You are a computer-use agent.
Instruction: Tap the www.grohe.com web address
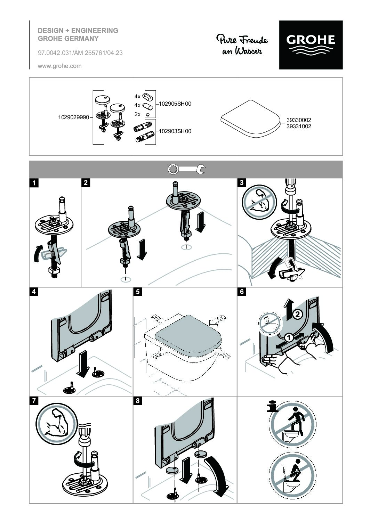click(60, 66)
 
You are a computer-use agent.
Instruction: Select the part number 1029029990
click(74, 117)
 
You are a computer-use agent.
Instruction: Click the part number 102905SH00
click(175, 104)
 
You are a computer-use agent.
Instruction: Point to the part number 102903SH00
click(175, 131)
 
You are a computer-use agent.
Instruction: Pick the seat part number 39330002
click(299, 120)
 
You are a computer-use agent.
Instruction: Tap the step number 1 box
click(34, 183)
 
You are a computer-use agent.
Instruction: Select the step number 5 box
click(138, 292)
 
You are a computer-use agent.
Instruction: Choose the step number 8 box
click(138, 401)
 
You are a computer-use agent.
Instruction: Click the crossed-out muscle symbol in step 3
click(259, 202)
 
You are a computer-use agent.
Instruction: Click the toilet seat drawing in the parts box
click(251, 119)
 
